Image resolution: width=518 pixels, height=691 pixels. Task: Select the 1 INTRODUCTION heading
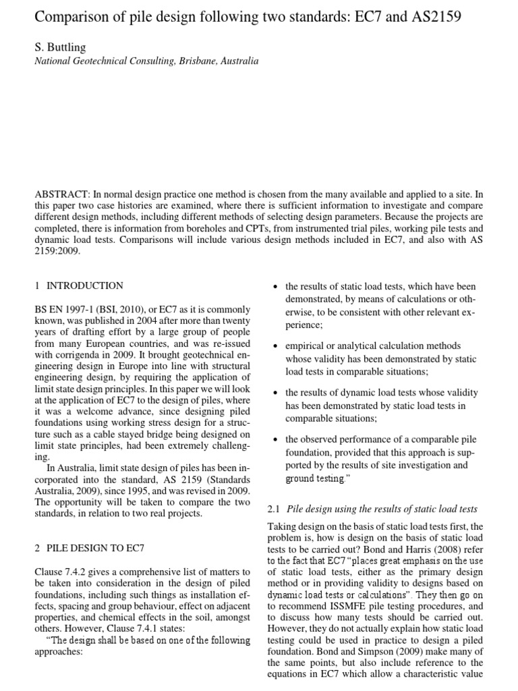[x=79, y=285]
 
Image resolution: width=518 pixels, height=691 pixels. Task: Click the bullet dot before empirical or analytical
[x=275, y=346]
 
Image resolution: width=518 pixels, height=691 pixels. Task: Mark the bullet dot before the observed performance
[x=275, y=439]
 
